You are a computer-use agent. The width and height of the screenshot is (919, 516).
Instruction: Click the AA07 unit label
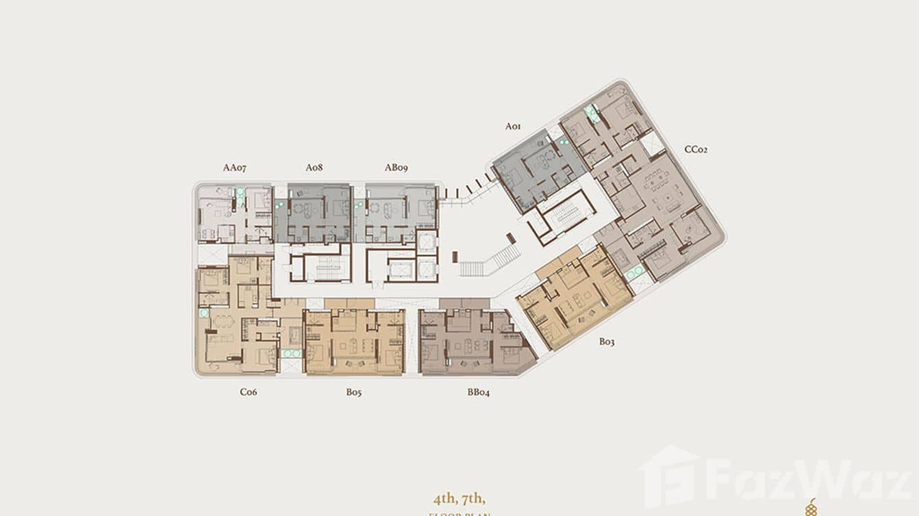pyautogui.click(x=234, y=167)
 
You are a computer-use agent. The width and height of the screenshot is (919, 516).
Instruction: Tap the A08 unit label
pyautogui.click(x=314, y=167)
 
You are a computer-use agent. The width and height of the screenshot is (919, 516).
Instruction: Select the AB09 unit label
pyautogui.click(x=396, y=167)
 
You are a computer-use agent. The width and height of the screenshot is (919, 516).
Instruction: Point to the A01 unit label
pyautogui.click(x=514, y=126)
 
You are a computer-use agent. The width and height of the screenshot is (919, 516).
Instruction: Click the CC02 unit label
pyautogui.click(x=695, y=149)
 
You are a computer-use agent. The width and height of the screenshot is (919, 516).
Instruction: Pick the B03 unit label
pyautogui.click(x=607, y=341)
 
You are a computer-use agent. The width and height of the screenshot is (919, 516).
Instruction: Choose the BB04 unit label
pyautogui.click(x=479, y=392)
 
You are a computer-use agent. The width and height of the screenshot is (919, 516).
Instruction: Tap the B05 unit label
pyautogui.click(x=353, y=392)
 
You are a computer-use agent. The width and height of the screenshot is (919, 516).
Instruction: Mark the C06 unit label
pyautogui.click(x=248, y=392)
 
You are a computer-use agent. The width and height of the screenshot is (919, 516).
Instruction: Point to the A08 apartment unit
pyautogui.click(x=314, y=214)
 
